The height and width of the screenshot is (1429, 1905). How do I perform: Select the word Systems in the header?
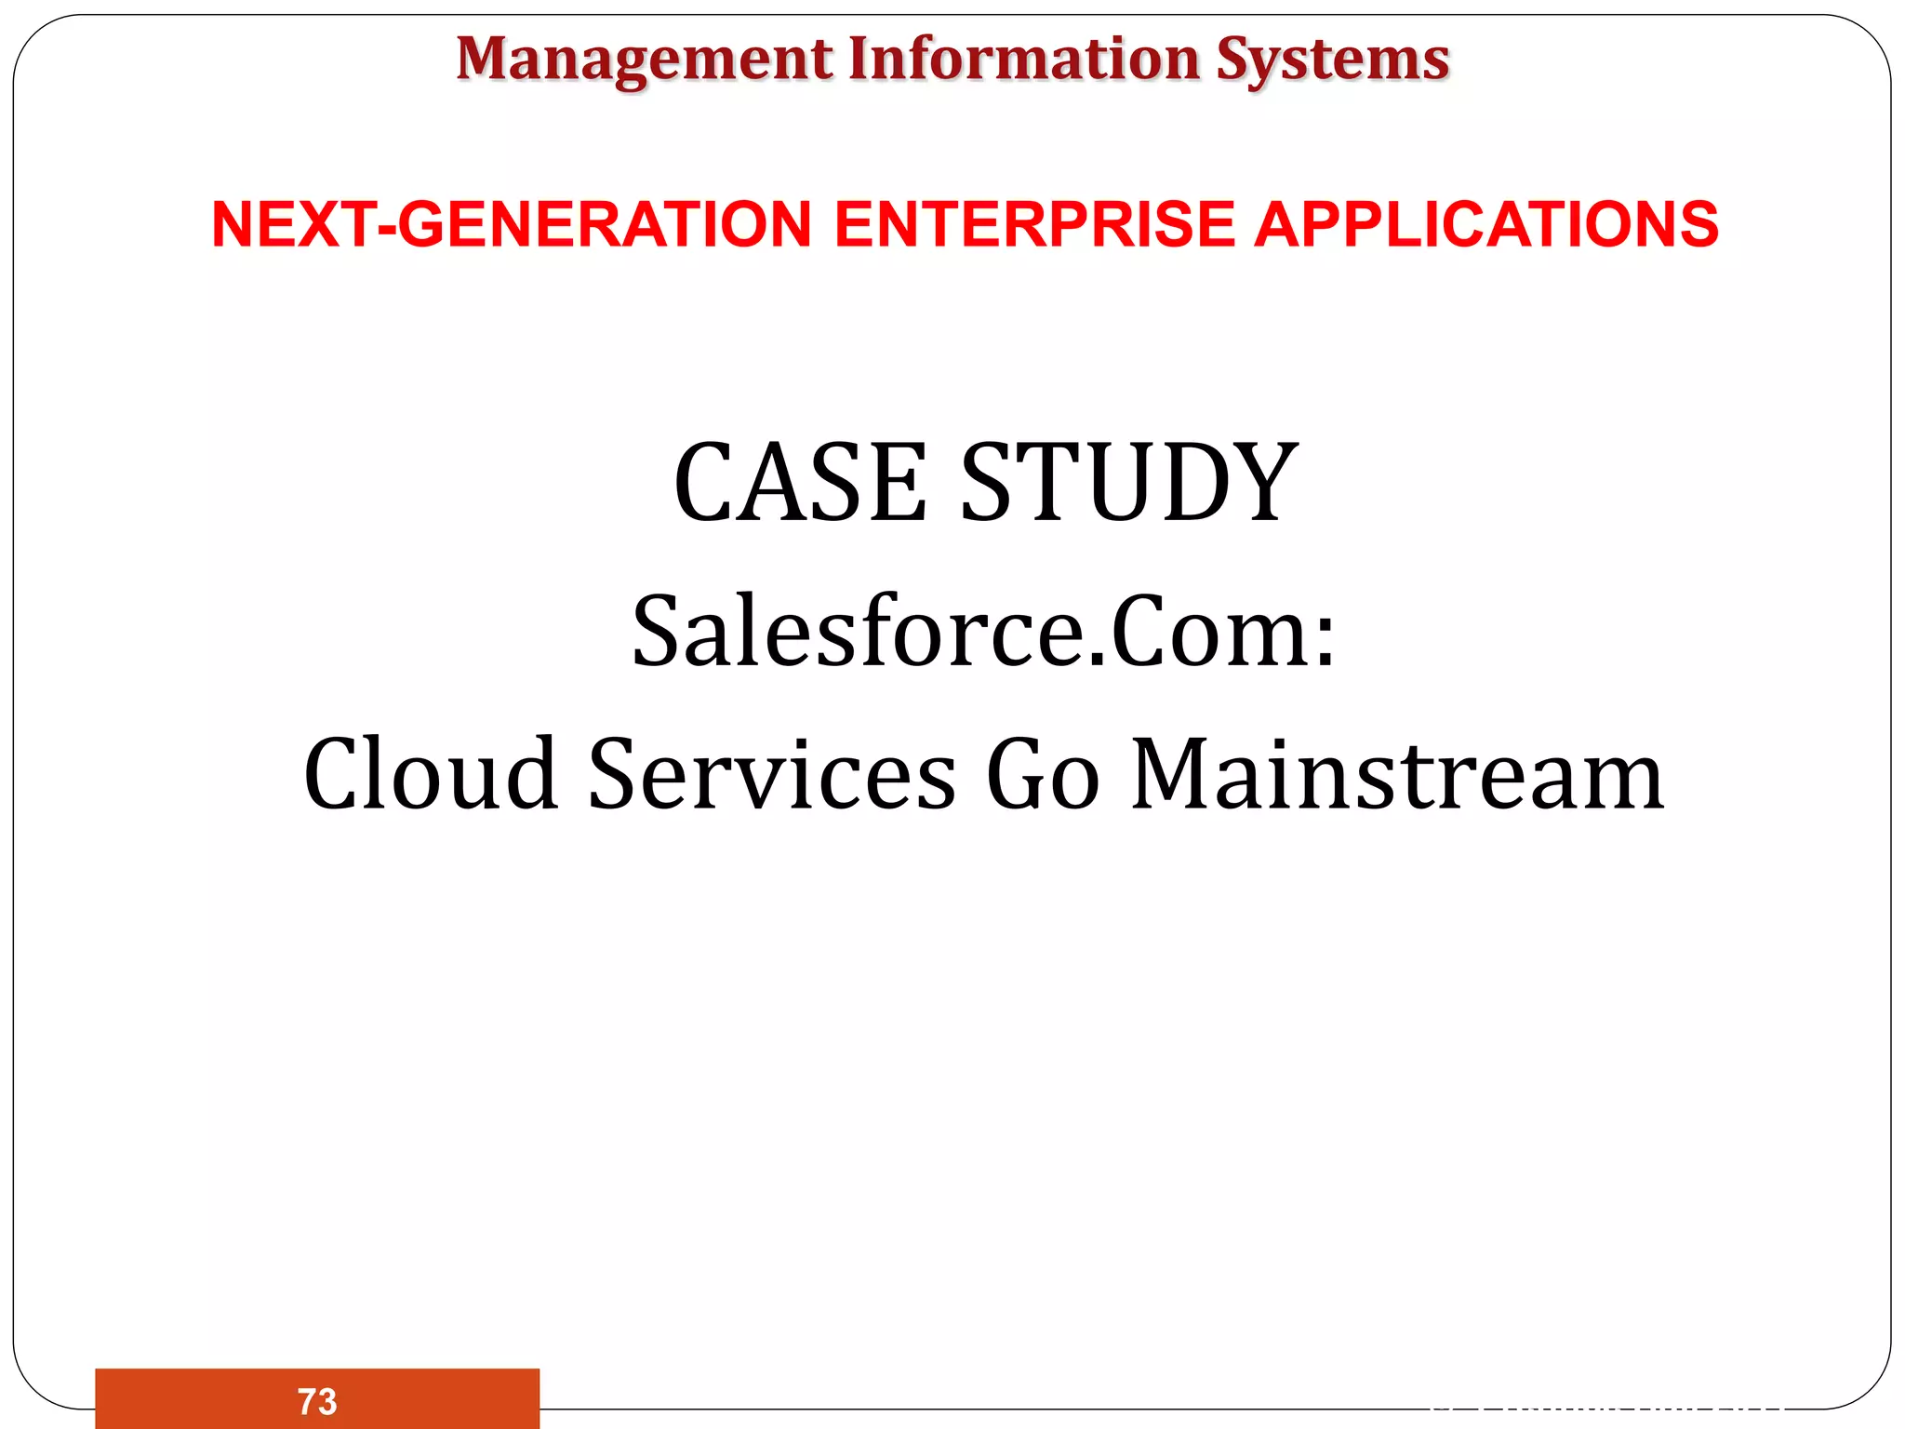[x=1332, y=60]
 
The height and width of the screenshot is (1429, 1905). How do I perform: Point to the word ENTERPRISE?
[x=1034, y=225]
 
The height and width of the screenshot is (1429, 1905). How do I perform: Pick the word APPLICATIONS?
[x=1485, y=225]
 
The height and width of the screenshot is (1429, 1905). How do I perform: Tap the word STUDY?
[x=1128, y=483]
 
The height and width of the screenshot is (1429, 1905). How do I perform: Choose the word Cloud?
[x=431, y=774]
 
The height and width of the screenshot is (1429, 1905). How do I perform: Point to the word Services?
[x=772, y=774]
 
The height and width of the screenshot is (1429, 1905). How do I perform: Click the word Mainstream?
[x=1397, y=774]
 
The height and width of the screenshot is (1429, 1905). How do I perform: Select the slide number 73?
[x=317, y=1401]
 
